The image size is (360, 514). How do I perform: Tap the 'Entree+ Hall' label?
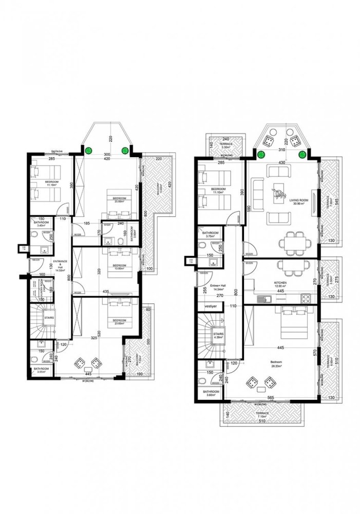click(x=217, y=287)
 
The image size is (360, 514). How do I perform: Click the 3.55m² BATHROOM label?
click(x=42, y=371)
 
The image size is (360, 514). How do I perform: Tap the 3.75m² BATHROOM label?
click(x=211, y=235)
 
